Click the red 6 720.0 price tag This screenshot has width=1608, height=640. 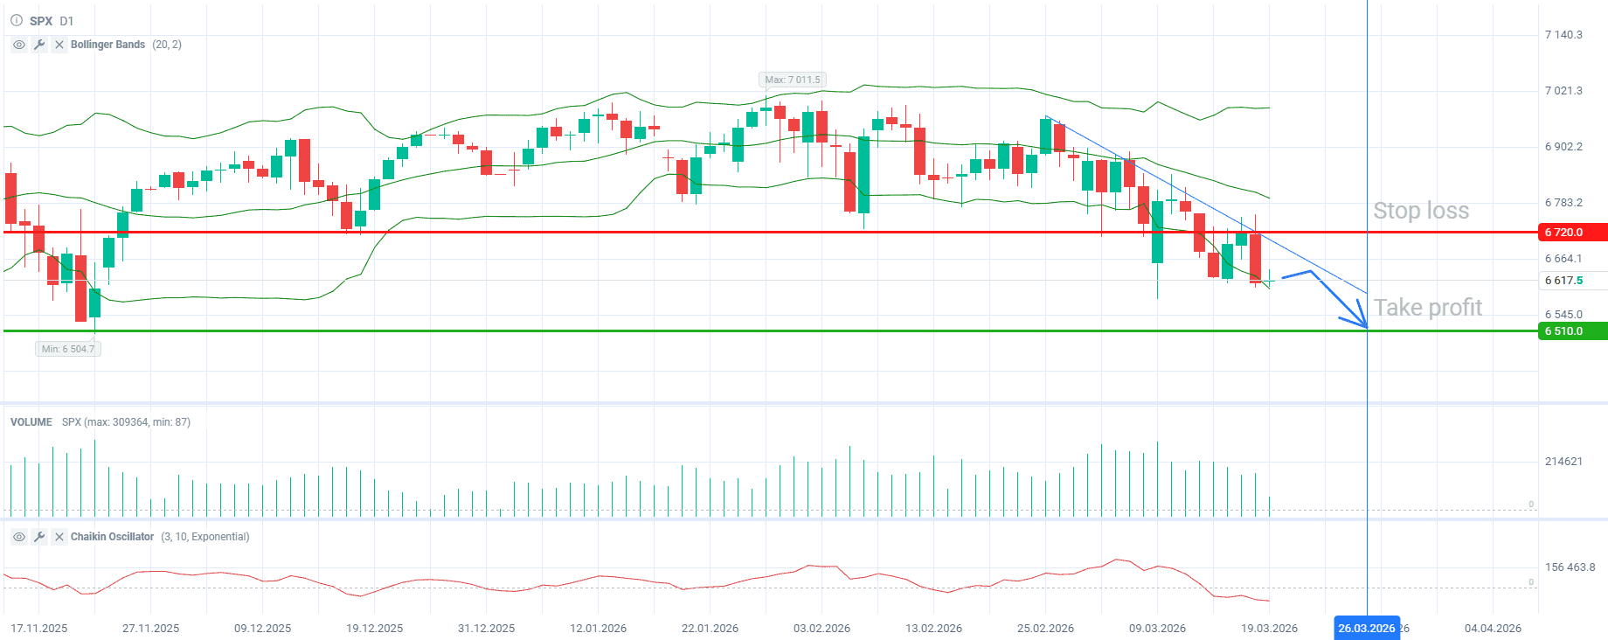point(1571,233)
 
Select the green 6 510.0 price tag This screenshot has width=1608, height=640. point(1571,331)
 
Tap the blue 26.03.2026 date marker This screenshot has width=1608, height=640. point(1366,628)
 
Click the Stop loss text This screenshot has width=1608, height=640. point(1421,211)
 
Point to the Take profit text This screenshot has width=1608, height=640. point(1428,308)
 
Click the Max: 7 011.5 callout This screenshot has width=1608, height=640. point(793,80)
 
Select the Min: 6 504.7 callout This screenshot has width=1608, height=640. point(68,349)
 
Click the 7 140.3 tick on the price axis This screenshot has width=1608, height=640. point(1563,35)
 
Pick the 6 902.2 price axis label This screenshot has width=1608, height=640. point(1563,147)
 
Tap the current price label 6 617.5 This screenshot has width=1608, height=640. point(1563,281)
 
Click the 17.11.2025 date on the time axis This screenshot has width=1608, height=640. point(38,628)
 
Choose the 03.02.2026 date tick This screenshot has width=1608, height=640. point(821,628)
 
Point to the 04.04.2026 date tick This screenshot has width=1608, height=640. point(1493,628)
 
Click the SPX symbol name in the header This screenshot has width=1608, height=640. point(41,21)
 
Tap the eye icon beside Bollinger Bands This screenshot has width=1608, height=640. point(19,45)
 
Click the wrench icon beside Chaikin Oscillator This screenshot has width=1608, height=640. point(39,537)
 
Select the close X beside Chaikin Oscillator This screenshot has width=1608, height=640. point(59,537)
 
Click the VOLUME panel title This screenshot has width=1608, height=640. point(31,422)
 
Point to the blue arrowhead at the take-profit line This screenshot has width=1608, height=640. point(1362,323)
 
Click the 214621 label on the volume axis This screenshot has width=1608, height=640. point(1563,462)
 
